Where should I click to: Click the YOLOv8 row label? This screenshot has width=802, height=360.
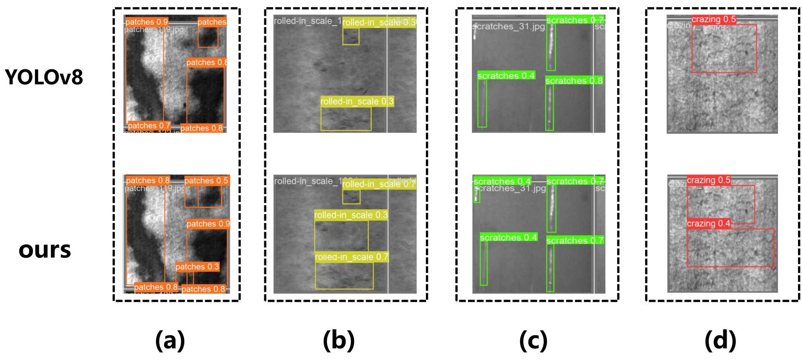(x=44, y=77)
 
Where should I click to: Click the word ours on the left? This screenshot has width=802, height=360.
(x=45, y=250)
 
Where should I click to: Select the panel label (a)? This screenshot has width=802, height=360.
(x=170, y=340)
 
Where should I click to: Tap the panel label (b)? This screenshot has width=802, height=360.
(x=338, y=340)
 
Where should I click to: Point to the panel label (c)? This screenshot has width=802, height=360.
(x=533, y=340)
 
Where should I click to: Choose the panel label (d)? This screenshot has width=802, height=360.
(x=720, y=340)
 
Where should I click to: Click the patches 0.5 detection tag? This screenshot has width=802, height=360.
(x=206, y=181)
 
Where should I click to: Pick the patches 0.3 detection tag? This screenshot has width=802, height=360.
(x=197, y=267)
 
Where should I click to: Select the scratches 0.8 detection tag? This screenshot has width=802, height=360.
(x=574, y=81)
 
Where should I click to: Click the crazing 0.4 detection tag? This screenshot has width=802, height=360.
(x=708, y=223)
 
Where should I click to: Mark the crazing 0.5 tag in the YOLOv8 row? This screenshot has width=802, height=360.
(x=713, y=19)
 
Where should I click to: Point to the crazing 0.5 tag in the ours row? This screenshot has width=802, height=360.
(x=708, y=180)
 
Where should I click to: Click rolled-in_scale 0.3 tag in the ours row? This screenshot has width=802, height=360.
(x=351, y=215)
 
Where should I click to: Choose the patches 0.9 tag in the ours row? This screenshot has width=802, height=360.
(x=208, y=224)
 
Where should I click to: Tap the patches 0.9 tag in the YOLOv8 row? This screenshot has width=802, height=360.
(x=146, y=22)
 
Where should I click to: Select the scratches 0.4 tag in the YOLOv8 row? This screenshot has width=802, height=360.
(x=506, y=76)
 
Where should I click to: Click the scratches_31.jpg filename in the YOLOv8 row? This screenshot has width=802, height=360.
(x=508, y=27)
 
